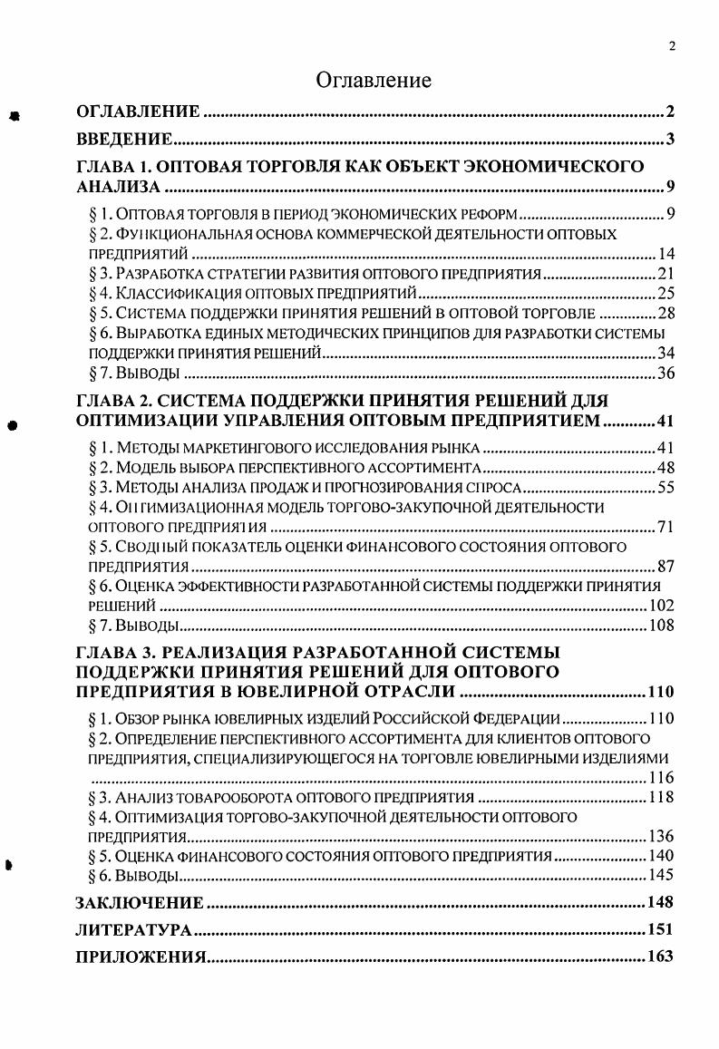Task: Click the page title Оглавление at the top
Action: tap(374, 81)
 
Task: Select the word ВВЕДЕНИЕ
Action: tap(123, 139)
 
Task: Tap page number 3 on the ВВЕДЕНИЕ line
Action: tap(669, 139)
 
